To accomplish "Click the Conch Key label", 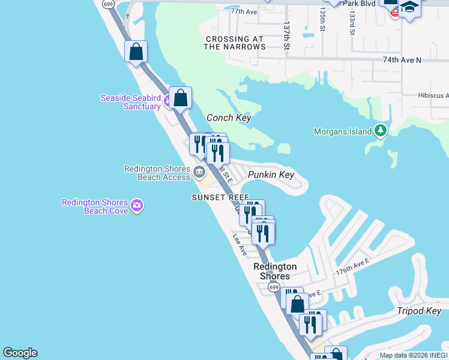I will [x=228, y=118].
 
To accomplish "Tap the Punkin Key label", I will [x=271, y=175].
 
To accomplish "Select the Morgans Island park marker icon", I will [x=379, y=130].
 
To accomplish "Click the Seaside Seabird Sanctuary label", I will [x=130, y=102].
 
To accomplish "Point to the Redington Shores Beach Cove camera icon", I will [x=137, y=206].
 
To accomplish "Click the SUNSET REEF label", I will [x=220, y=197].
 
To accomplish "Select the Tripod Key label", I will [x=419, y=311].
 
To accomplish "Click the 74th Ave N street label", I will [x=402, y=60].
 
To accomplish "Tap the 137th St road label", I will [x=287, y=37].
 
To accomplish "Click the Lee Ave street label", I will [x=240, y=245].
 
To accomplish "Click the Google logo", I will [x=20, y=353].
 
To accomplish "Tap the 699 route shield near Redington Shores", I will [x=274, y=288].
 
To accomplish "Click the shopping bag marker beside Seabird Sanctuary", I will [x=180, y=98].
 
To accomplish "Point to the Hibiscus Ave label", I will [x=433, y=95].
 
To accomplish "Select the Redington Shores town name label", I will [x=275, y=271].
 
